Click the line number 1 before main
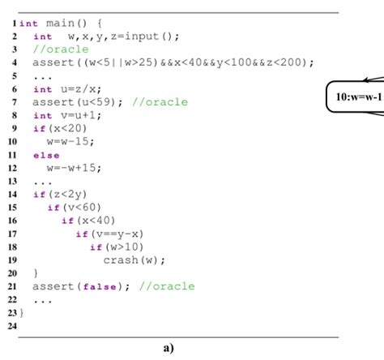[x=15, y=24]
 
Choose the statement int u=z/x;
[x=65, y=88]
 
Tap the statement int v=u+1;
[x=65, y=115]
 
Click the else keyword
[x=46, y=154]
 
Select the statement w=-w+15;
[x=74, y=167]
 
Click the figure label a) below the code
[x=168, y=348]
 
